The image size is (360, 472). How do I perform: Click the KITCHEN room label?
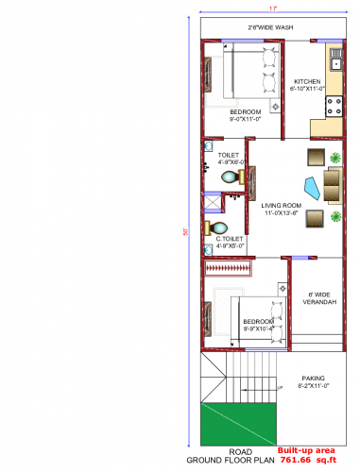(x=307, y=82)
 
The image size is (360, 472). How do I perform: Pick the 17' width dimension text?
(x=272, y=8)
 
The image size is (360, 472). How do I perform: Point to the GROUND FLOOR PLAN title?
(x=231, y=460)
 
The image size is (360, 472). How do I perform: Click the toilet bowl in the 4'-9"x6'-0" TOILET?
(x=230, y=176)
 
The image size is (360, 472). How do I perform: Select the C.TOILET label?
(x=230, y=240)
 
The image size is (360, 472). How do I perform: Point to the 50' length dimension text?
(x=186, y=231)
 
